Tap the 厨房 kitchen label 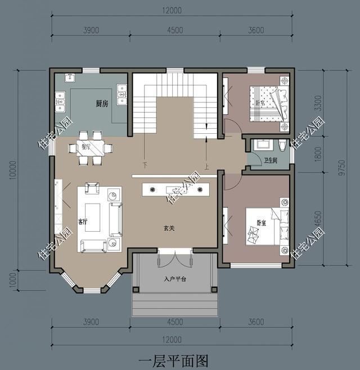pyautogui.click(x=101, y=104)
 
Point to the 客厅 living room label pyautogui.click(x=83, y=223)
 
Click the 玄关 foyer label pyautogui.click(x=169, y=228)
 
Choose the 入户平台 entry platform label pyautogui.click(x=174, y=279)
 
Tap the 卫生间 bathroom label pyautogui.click(x=272, y=160)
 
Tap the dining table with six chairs pyautogui.click(x=90, y=148)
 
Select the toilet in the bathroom pyautogui.click(x=283, y=146)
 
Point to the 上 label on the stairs pyautogui.click(x=208, y=166)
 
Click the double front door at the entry pyautogui.click(x=174, y=259)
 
